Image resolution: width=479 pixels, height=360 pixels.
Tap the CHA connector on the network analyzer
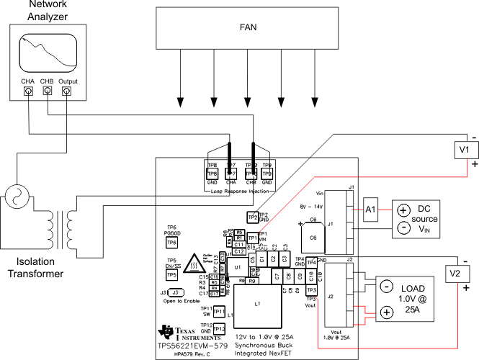28,92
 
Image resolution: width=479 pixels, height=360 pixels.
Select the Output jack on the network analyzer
67,92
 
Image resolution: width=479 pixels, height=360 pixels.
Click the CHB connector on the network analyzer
48,92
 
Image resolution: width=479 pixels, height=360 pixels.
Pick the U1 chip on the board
236,267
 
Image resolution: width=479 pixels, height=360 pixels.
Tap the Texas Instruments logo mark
167,332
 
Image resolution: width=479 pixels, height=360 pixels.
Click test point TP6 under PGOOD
171,243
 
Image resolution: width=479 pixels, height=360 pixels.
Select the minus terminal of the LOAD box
386,287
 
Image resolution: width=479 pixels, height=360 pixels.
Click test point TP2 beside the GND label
252,217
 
